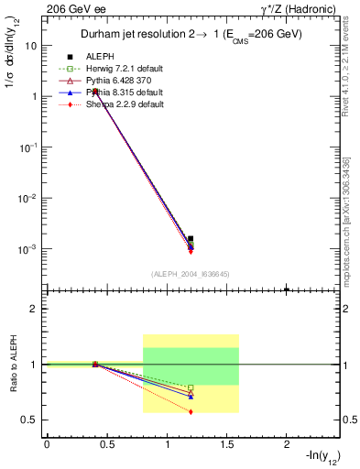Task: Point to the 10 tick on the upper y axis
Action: pos(33,45)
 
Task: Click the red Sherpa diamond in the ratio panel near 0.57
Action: pos(191,412)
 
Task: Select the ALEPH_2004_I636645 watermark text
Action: pos(191,274)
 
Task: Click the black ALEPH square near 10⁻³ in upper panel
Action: pos(191,239)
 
